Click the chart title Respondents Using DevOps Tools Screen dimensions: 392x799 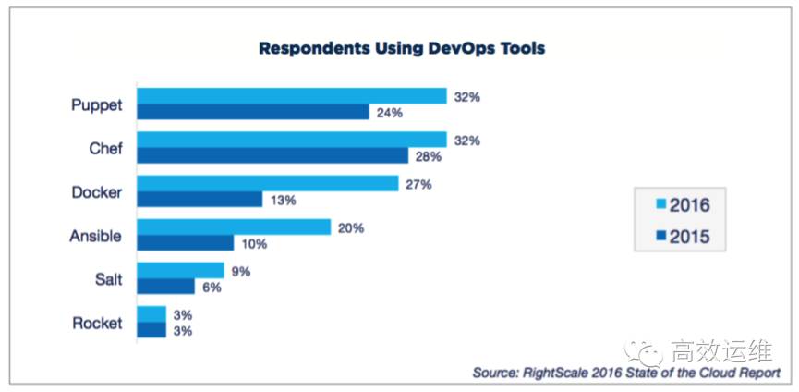click(x=401, y=48)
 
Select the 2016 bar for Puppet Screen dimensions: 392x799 click(x=292, y=96)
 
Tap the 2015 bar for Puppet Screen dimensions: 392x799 click(x=253, y=112)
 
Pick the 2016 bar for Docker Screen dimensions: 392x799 click(x=268, y=183)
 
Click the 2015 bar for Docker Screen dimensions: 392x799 click(x=200, y=199)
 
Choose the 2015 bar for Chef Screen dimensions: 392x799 click(x=272, y=155)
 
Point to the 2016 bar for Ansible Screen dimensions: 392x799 click(x=234, y=227)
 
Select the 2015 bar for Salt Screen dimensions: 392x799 click(x=165, y=287)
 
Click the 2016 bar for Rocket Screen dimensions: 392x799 click(x=151, y=314)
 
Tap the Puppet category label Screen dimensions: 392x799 click(x=96, y=104)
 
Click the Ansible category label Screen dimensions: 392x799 click(x=95, y=236)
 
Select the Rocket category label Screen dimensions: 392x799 click(x=97, y=324)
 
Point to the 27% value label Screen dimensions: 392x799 click(x=418, y=183)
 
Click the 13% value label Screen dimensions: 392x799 click(x=283, y=200)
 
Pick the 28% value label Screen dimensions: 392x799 click(x=428, y=156)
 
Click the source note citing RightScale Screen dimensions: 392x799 click(x=626, y=372)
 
